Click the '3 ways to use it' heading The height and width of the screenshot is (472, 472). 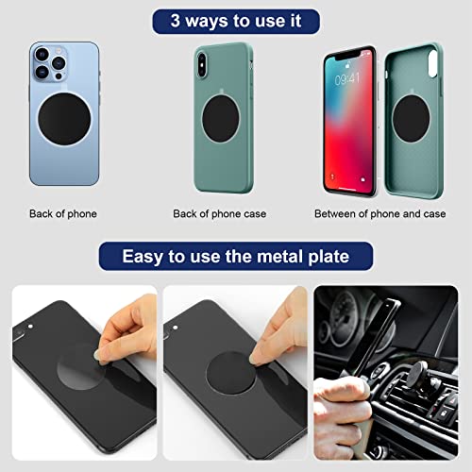235,21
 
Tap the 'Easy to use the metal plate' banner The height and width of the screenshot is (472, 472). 235,256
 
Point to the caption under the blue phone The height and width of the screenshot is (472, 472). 63,214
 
